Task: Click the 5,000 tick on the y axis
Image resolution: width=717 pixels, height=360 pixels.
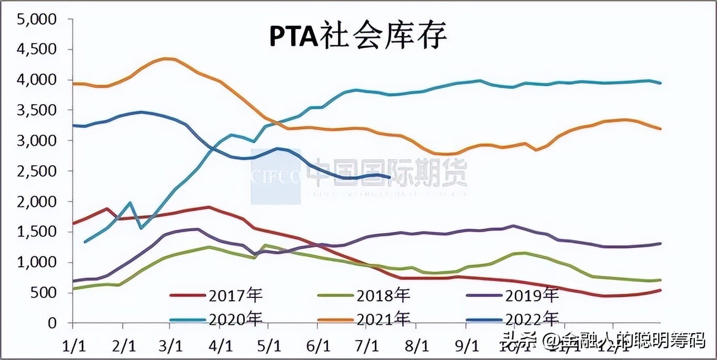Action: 37,19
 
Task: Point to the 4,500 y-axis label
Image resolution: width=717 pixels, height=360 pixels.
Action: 37,49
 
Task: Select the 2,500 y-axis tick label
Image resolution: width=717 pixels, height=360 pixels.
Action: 37,171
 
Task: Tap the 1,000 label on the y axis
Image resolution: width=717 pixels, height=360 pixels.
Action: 37,262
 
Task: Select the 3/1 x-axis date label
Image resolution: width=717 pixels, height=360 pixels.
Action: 171,346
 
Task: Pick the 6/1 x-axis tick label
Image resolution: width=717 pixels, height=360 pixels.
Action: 318,346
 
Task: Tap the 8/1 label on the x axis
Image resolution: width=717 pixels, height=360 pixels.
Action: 416,346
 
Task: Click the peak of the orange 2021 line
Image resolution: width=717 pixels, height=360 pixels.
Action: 167,58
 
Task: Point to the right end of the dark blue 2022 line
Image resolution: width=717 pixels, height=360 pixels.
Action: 389,177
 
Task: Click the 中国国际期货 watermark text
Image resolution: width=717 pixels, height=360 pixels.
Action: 387,172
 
